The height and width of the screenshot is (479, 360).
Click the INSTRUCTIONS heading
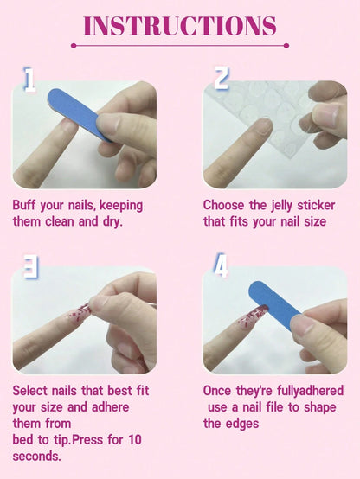(x=179, y=26)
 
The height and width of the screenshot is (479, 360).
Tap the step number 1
(x=29, y=80)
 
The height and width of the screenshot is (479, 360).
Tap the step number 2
(x=221, y=79)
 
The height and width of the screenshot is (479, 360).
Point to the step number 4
(x=221, y=265)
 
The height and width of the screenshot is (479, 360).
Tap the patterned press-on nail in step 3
(x=80, y=312)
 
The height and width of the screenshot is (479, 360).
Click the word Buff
(x=26, y=206)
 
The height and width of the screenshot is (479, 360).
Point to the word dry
(x=112, y=221)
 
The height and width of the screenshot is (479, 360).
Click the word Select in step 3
(x=32, y=391)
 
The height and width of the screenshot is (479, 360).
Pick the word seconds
(x=36, y=457)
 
